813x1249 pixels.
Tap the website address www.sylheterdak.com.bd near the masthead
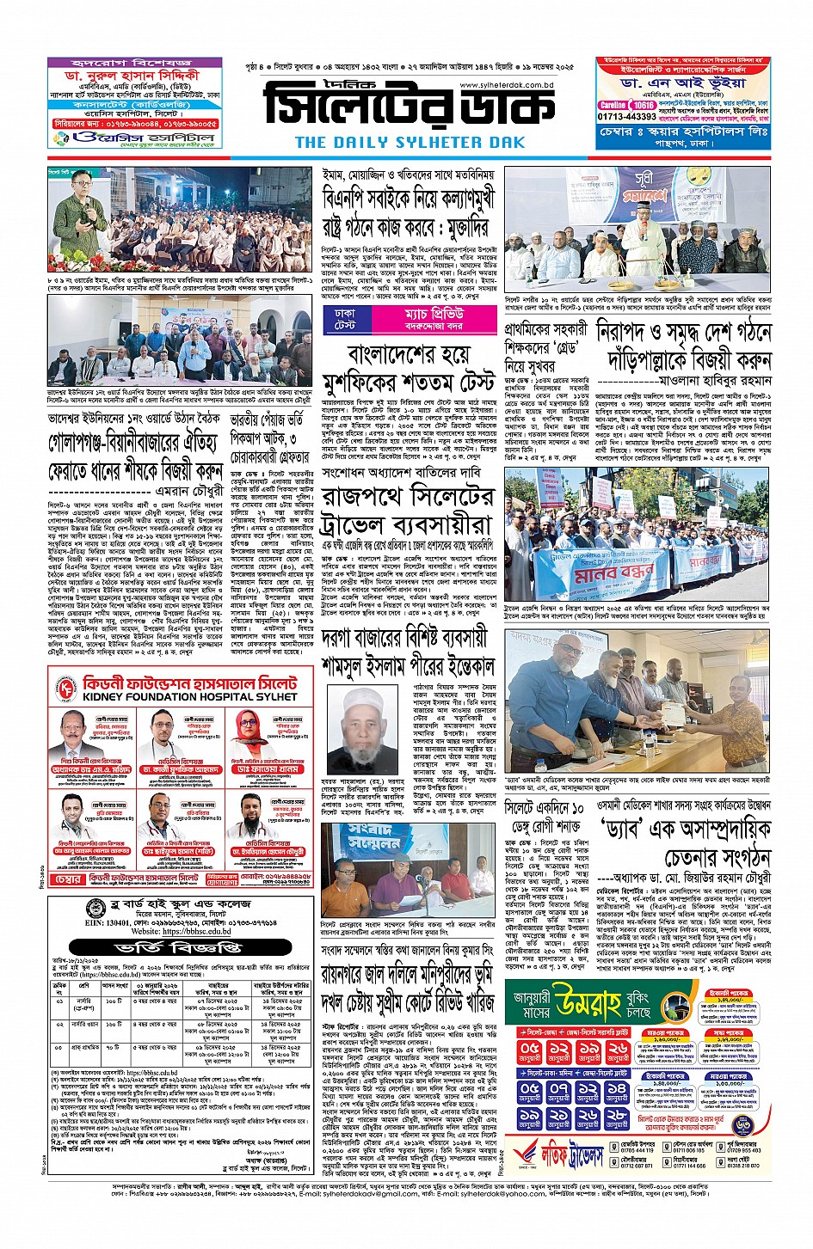(x=506, y=85)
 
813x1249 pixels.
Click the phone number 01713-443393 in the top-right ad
(x=627, y=116)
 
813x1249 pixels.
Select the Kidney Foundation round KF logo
(x=67, y=689)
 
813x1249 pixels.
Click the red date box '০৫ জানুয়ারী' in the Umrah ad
(x=530, y=1051)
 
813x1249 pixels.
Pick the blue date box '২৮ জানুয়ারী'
(x=617, y=1118)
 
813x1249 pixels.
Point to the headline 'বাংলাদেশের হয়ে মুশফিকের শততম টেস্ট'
(x=408, y=368)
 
